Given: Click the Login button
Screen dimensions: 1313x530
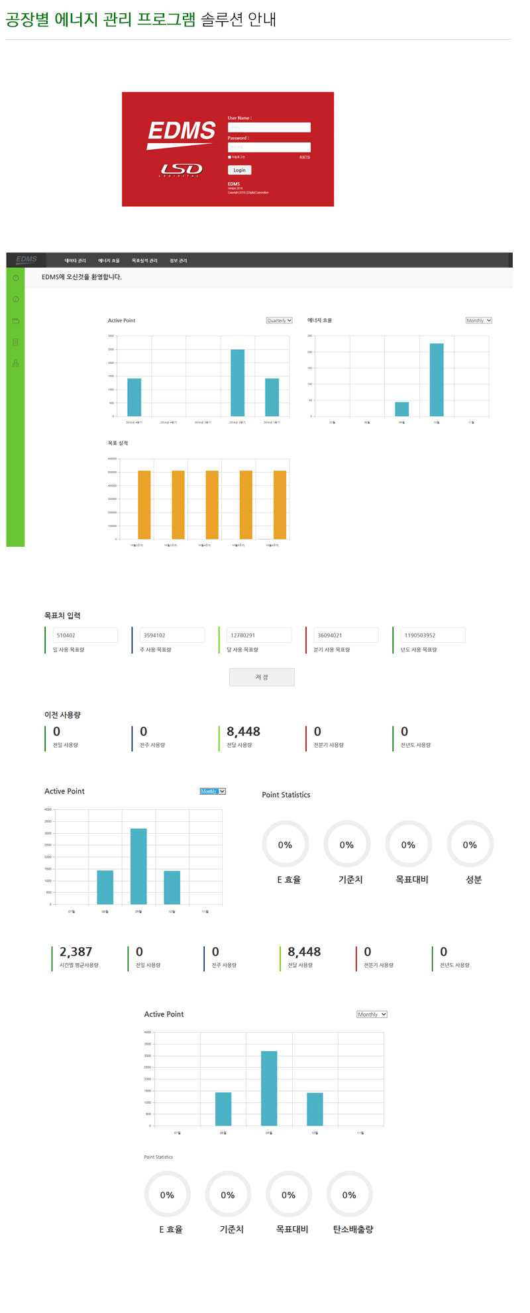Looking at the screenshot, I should [x=239, y=170].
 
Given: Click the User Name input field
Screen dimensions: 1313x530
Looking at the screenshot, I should [x=269, y=127].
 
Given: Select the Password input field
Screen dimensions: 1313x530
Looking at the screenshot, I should [x=269, y=147].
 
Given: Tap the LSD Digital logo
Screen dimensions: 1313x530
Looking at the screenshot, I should [x=182, y=170].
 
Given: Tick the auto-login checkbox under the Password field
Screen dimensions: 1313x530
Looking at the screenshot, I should [x=229, y=157].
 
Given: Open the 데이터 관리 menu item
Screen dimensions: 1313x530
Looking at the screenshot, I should [x=75, y=260].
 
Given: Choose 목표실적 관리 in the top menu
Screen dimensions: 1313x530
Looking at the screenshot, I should [x=144, y=260].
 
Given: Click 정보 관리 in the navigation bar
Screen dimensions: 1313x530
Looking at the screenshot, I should [x=178, y=260].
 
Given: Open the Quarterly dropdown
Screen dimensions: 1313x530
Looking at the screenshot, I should [x=279, y=321].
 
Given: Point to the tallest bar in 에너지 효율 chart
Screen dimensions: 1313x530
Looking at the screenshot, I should [x=437, y=379].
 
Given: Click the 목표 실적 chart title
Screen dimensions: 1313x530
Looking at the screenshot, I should [x=118, y=443].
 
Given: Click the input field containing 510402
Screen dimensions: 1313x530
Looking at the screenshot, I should [x=85, y=635].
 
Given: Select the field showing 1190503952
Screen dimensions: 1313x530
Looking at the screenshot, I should [x=432, y=635].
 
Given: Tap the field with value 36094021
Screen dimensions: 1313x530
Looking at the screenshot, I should [x=345, y=635].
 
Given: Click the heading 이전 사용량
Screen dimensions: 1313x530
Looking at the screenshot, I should [x=62, y=714].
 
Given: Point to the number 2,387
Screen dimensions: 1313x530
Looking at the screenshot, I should [x=76, y=952].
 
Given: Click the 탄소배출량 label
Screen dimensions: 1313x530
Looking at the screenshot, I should [x=353, y=1229].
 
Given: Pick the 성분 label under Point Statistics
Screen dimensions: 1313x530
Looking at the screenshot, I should [x=474, y=880].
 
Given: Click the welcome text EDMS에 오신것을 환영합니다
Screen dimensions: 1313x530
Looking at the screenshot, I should [x=81, y=277].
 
